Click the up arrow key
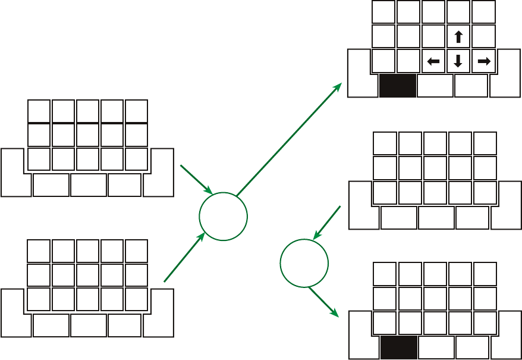458,36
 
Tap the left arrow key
434,61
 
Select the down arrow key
458,61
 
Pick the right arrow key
483,61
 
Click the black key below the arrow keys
397,86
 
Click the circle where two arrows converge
223,216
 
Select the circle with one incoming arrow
304,263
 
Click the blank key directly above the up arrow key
458,12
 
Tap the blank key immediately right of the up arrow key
483,36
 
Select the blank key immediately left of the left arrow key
408,61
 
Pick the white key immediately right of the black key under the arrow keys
435,86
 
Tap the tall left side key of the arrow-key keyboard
359,73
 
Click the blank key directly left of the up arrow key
434,36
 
